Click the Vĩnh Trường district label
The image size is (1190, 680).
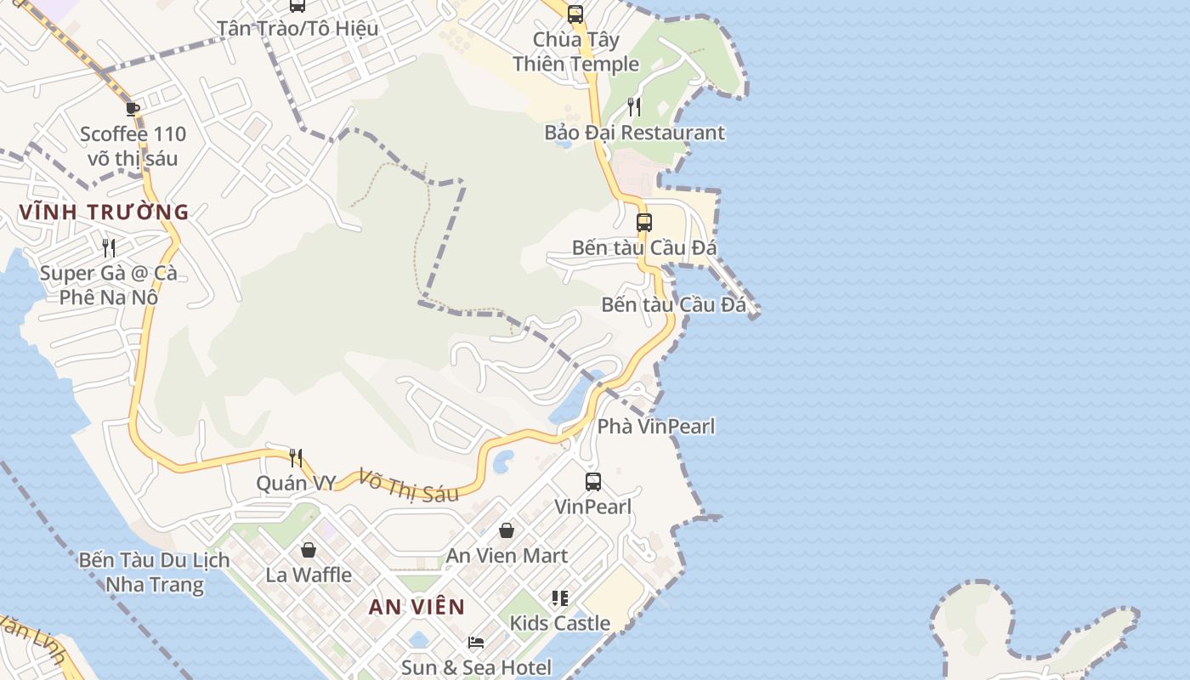pyautogui.click(x=104, y=212)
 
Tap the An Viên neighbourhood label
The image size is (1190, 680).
pyautogui.click(x=417, y=607)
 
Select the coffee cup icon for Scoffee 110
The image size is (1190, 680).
pyautogui.click(x=132, y=108)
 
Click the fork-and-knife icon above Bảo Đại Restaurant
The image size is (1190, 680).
pyautogui.click(x=634, y=106)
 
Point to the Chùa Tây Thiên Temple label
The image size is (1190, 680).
pyautogui.click(x=576, y=52)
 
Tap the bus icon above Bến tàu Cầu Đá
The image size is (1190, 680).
pyautogui.click(x=644, y=223)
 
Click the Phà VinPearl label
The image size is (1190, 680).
pyautogui.click(x=656, y=426)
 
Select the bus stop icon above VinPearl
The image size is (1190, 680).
pyautogui.click(x=593, y=482)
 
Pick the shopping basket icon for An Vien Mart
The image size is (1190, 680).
pyautogui.click(x=507, y=530)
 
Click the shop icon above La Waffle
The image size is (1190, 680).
pyautogui.click(x=309, y=550)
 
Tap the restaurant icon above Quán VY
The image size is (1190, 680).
pyautogui.click(x=296, y=458)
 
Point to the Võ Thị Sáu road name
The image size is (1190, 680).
pyautogui.click(x=409, y=485)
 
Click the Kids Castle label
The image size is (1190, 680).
pyautogui.click(x=560, y=623)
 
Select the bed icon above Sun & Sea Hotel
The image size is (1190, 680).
pyautogui.click(x=476, y=643)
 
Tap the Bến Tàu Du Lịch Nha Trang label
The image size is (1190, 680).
pyautogui.click(x=155, y=572)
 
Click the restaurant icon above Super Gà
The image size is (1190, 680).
pyautogui.click(x=109, y=247)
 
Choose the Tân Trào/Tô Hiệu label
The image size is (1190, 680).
pyautogui.click(x=297, y=28)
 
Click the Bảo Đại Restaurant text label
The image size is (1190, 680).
pyautogui.click(x=635, y=133)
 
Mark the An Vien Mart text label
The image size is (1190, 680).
pyautogui.click(x=507, y=556)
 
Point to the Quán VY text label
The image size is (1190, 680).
pyautogui.click(x=297, y=483)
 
